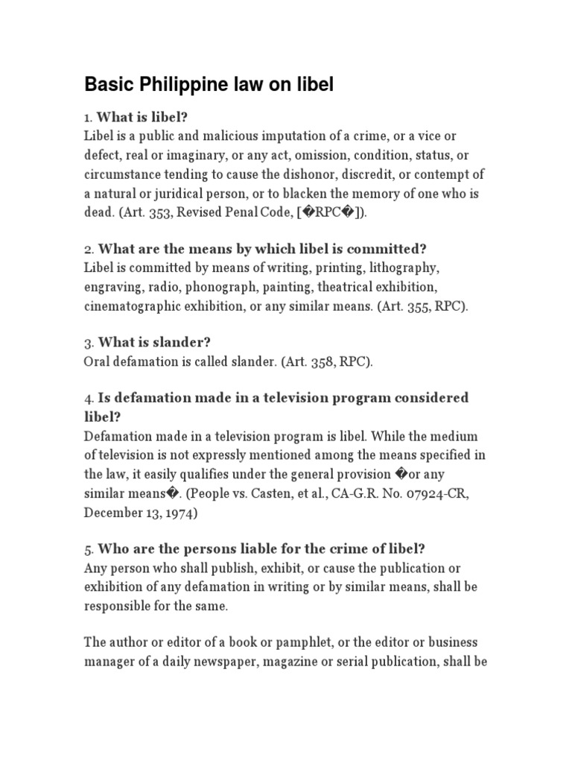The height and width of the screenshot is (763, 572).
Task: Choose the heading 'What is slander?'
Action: tap(154, 343)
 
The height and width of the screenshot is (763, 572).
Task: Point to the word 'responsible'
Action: tap(120, 607)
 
